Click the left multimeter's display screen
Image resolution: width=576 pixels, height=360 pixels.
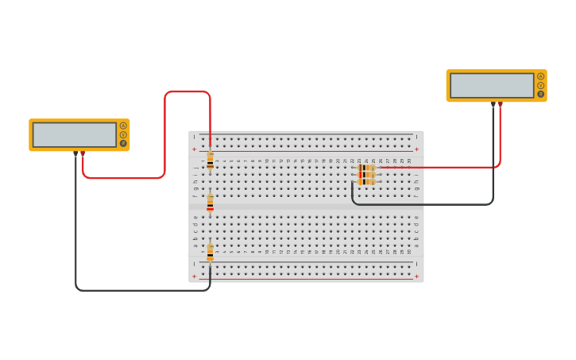tap(74, 134)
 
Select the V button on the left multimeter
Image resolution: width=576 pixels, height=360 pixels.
tap(123, 134)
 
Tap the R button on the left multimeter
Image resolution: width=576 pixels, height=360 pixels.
tap(123, 144)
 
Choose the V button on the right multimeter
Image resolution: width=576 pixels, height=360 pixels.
tap(541, 85)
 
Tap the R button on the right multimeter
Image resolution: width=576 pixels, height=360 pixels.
tap(541, 94)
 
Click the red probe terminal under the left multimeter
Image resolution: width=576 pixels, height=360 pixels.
tap(83, 153)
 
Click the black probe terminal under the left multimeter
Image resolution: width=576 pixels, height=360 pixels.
tap(75, 153)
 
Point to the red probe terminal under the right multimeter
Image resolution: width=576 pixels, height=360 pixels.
tap(500, 103)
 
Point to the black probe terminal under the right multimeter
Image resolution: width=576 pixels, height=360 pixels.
tap(493, 103)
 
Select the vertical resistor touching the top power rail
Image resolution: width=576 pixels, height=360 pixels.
tap(210, 161)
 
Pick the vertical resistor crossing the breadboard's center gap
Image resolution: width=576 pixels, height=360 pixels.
tap(210, 203)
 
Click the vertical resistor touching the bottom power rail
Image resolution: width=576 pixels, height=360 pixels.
tap(210, 253)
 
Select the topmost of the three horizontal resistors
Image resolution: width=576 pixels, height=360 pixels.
tap(366, 168)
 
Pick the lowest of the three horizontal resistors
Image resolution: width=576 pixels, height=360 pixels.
tap(366, 182)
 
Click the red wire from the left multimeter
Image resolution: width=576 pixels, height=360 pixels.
tap(164, 135)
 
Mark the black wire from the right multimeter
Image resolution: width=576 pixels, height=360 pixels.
tap(421, 204)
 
